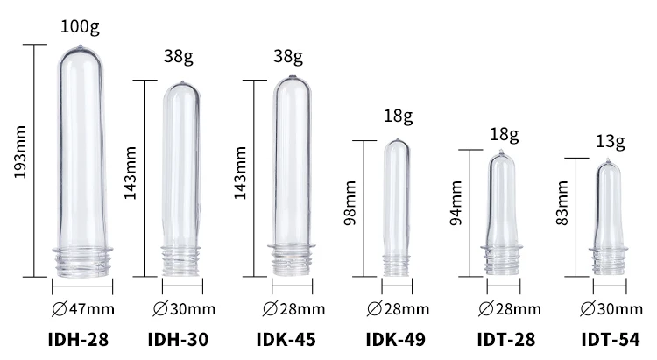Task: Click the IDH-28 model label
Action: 79,339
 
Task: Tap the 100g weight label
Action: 80,27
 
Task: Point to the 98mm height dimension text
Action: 350,208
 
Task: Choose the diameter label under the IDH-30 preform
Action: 184,307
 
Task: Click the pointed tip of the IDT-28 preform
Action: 503,155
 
